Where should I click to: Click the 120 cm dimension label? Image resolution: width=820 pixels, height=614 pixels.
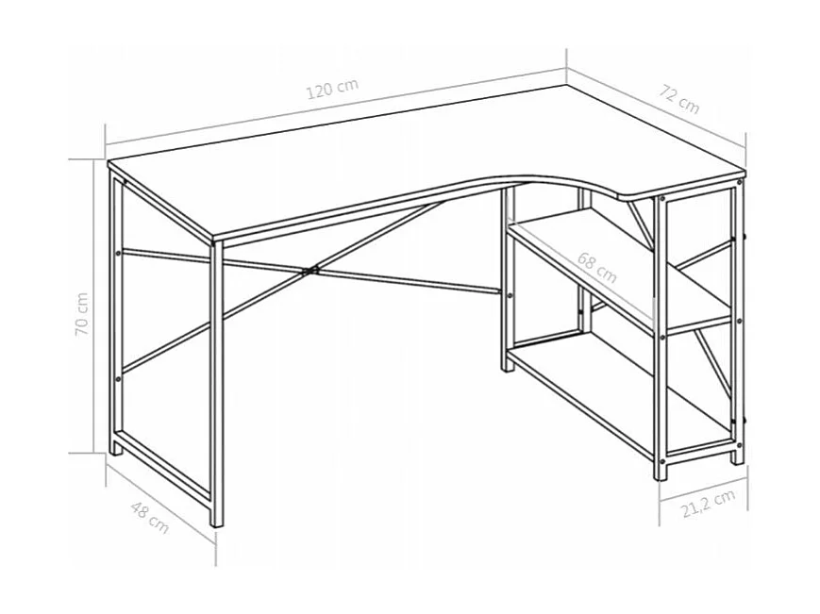tap(332, 90)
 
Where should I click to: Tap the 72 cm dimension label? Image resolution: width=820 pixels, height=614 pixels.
tap(679, 99)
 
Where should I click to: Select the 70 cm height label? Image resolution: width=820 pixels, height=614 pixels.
tap(84, 313)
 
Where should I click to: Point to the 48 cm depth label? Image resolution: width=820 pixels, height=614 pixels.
tap(148, 518)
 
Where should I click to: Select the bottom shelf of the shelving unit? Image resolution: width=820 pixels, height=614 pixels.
tap(623, 396)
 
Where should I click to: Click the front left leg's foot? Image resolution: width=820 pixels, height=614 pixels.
tap(217, 519)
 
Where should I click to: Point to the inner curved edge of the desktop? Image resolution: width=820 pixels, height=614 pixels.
tap(557, 179)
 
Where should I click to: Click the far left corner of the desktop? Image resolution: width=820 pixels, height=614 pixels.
tap(110, 164)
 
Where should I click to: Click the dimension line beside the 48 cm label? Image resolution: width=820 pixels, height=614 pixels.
tap(160, 505)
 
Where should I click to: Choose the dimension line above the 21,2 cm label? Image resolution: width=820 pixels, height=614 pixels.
tap(704, 489)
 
